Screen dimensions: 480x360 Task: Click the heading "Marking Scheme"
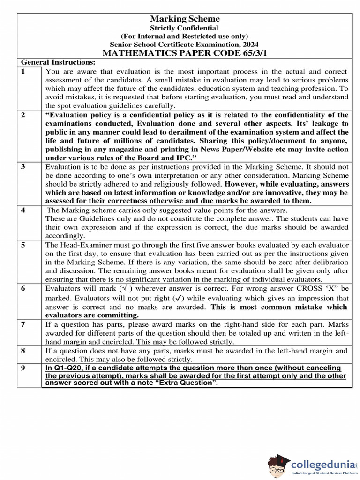(184, 19)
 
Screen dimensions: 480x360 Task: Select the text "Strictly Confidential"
(184, 28)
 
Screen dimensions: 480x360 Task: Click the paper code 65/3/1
(250, 53)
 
